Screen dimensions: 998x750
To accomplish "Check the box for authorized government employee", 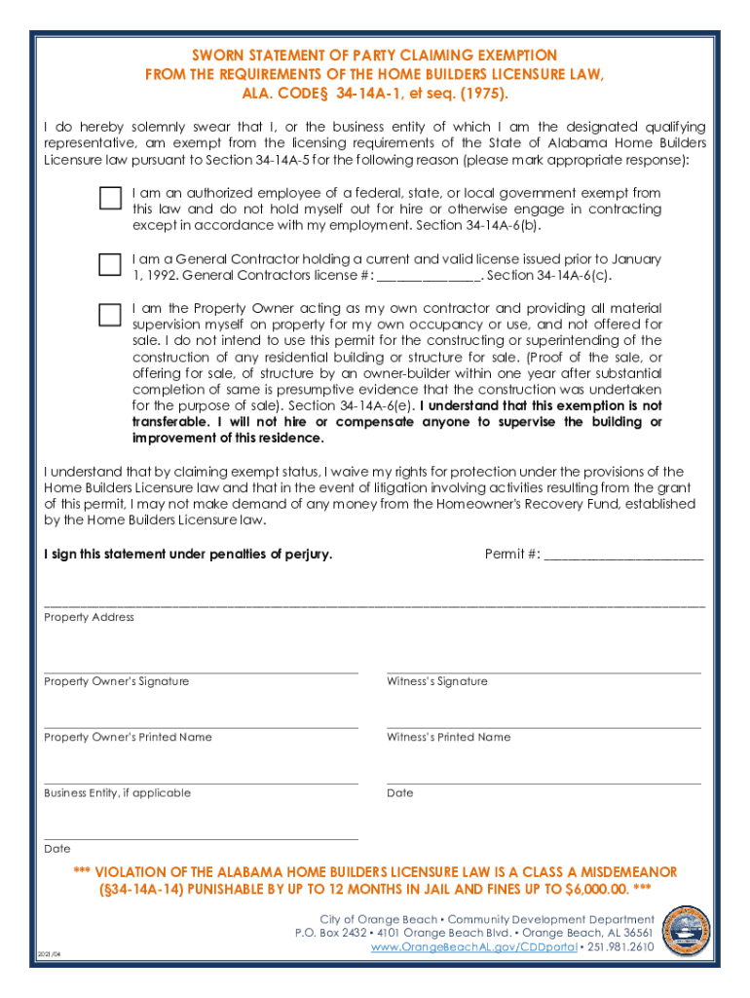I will click(110, 198).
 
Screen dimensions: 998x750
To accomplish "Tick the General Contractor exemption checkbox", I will click(110, 263).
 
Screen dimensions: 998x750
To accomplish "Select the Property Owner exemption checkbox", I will click(110, 313).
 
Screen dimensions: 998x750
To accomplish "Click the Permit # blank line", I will click(623, 555).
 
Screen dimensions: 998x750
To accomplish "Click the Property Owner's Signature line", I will click(201, 671).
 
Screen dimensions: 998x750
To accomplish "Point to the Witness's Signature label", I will click(437, 681).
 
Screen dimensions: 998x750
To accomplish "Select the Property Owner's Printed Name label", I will click(128, 737).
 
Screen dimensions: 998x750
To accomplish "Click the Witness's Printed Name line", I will click(544, 726).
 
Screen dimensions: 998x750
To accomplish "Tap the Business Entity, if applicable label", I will click(117, 792).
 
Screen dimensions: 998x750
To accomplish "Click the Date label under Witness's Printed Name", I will click(399, 792).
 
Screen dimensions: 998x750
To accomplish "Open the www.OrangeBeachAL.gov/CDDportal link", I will click(474, 946).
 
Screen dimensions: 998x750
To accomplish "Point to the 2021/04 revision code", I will click(49, 954).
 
